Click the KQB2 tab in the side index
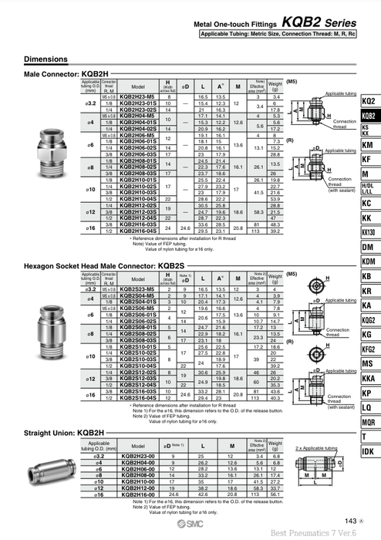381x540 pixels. click(x=368, y=116)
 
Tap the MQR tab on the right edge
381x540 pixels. click(x=368, y=421)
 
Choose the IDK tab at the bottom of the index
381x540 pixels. click(x=368, y=451)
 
